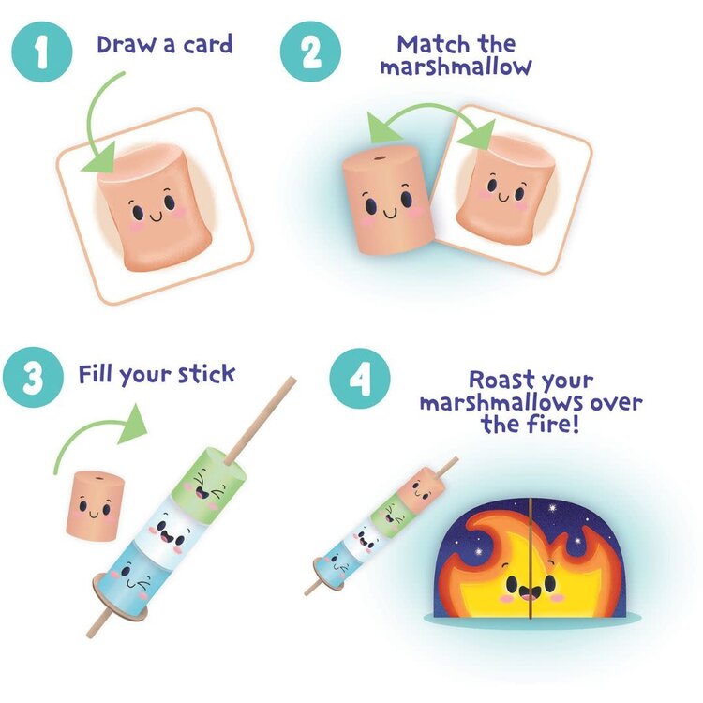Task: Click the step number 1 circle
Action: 41,52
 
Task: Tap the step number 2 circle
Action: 310,52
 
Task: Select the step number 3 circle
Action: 33,377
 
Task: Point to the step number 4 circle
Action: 360,378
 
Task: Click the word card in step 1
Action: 207,44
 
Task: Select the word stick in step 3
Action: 207,373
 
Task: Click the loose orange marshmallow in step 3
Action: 95,505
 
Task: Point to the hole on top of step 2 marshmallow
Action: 381,158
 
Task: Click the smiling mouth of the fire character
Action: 530,594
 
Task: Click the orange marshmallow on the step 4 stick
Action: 421,490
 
